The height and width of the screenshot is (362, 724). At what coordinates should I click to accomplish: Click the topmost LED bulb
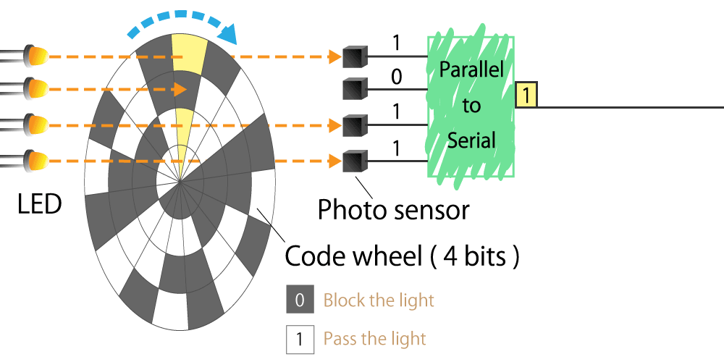(37, 56)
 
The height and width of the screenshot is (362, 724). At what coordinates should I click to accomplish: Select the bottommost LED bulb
(37, 161)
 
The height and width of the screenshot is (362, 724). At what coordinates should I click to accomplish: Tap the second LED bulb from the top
(37, 88)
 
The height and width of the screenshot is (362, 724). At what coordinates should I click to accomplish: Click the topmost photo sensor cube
(355, 56)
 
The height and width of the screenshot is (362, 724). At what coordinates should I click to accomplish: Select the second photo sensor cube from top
(355, 88)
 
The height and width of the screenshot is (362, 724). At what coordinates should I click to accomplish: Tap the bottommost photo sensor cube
(355, 161)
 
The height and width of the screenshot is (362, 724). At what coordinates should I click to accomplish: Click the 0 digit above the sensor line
(396, 77)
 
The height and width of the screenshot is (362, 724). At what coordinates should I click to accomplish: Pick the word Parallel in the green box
(471, 70)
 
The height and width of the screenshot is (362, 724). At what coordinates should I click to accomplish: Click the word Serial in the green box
(471, 140)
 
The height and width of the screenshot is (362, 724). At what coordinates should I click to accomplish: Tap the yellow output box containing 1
(526, 96)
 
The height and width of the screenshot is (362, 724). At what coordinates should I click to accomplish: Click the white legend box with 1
(300, 340)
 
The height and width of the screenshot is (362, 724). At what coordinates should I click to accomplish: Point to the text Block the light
(379, 300)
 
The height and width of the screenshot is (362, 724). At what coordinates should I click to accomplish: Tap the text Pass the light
(374, 339)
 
